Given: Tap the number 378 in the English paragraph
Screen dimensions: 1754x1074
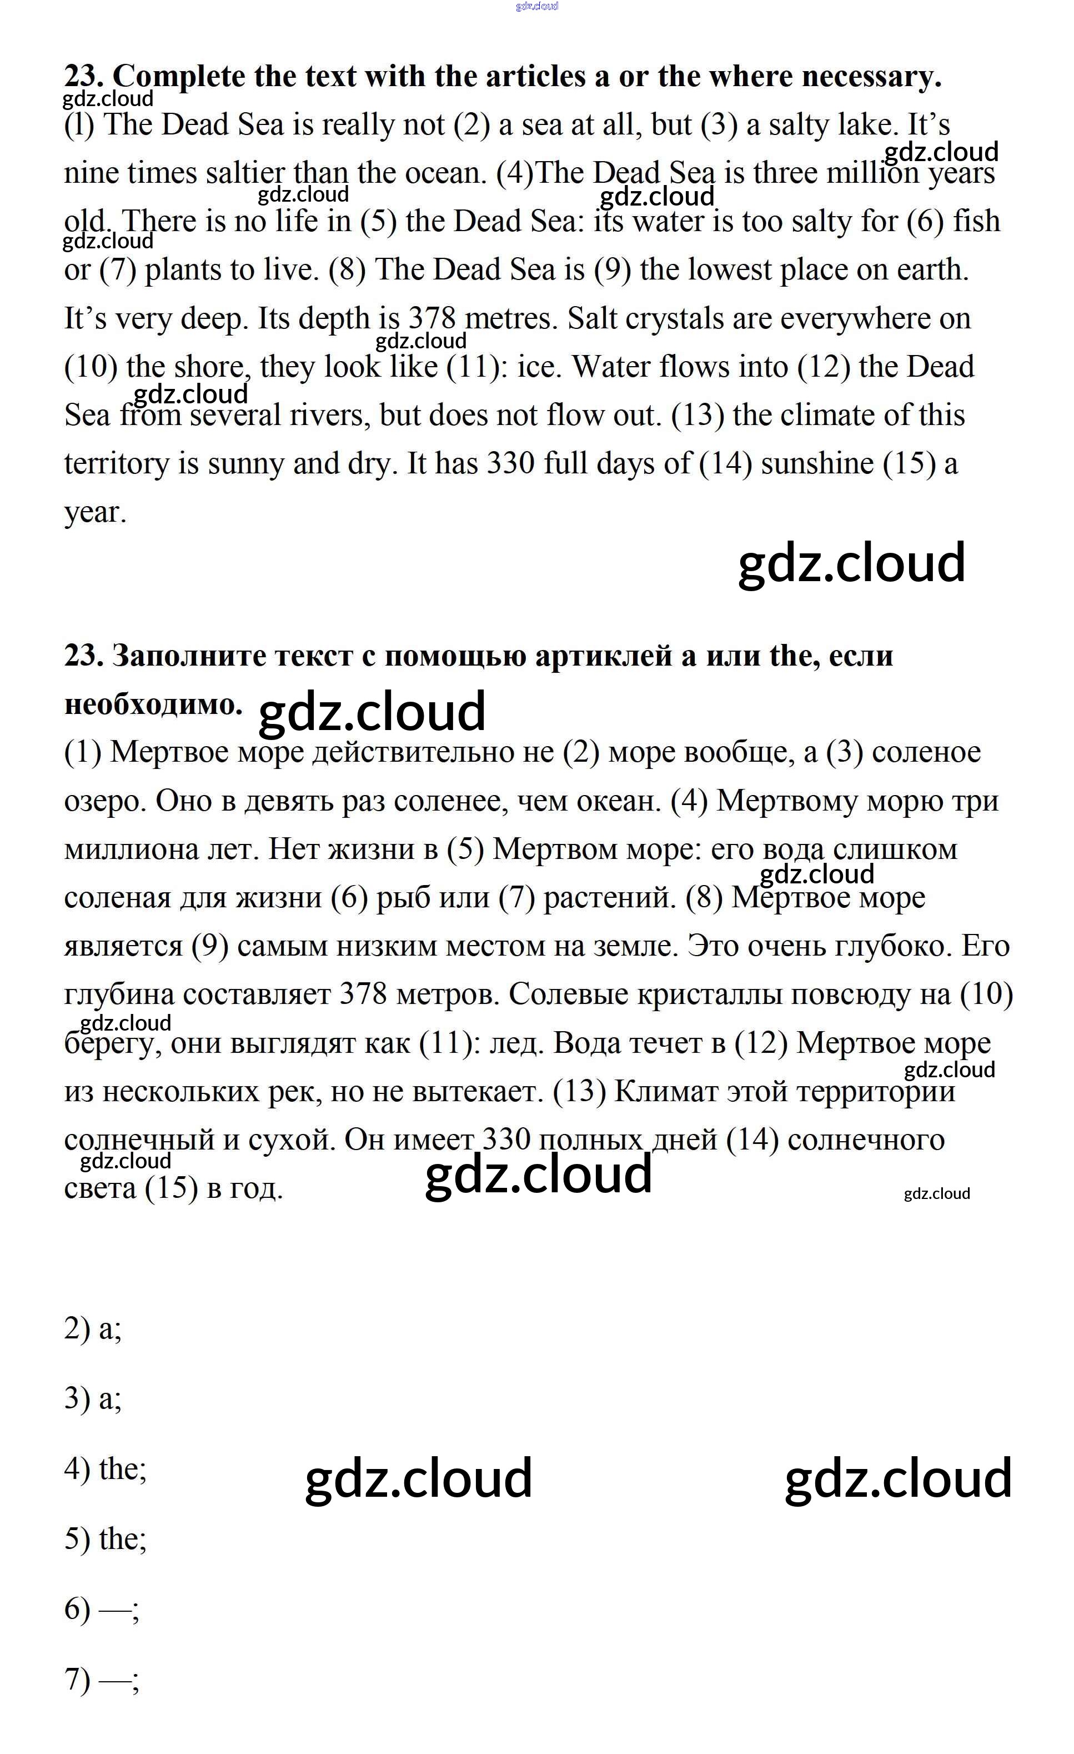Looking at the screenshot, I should (432, 318).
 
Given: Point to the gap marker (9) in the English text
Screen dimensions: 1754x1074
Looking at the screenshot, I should (612, 270).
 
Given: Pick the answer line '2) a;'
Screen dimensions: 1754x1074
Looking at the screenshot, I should (93, 1329).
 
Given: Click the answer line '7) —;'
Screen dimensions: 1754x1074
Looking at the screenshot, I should (102, 1679).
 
